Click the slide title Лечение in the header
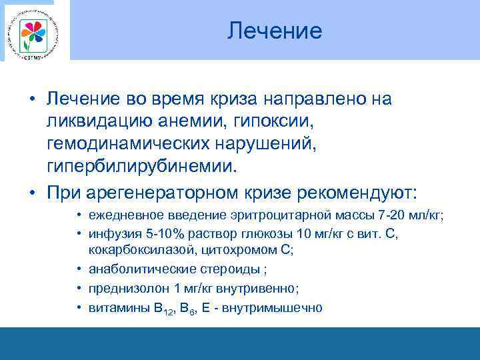(274, 31)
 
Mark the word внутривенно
(257, 289)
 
